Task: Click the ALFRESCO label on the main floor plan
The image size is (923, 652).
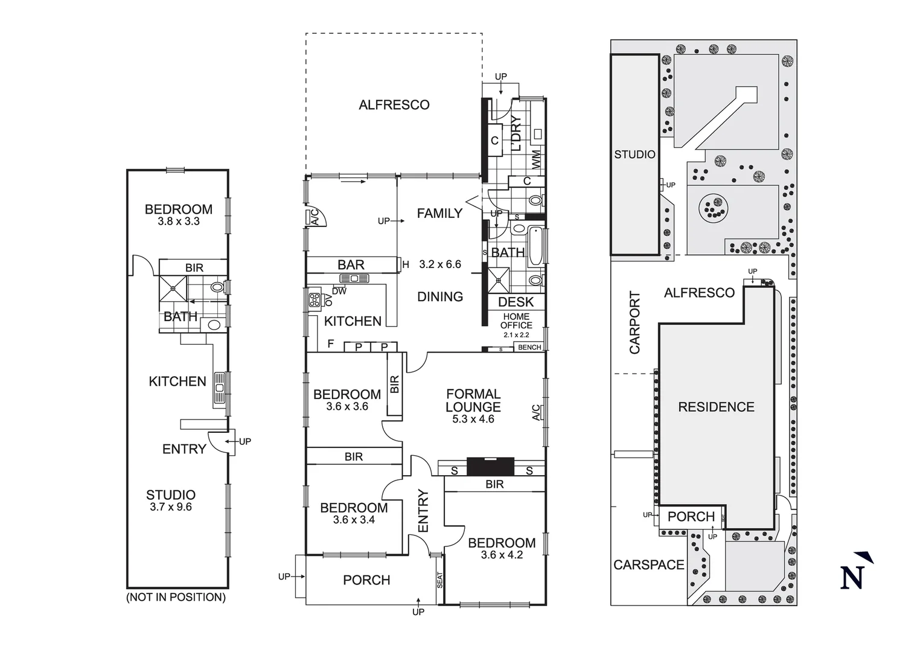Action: tap(394, 105)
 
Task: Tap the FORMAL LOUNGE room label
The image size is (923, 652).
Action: tap(473, 400)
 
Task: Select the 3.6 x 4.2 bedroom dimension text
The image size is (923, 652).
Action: tap(502, 555)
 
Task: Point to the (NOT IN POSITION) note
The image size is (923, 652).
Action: tap(176, 597)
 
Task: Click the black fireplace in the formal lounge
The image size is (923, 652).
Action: tap(490, 467)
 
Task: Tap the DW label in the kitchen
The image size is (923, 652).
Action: tap(339, 291)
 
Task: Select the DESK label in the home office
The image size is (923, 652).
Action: tap(516, 302)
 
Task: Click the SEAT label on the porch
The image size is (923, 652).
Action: tap(439, 580)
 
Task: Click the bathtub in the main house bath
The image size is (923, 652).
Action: tap(535, 246)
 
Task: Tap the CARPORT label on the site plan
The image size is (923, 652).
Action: tap(634, 322)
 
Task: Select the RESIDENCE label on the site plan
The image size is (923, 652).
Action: tap(716, 407)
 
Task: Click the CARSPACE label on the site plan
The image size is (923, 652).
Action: tap(648, 565)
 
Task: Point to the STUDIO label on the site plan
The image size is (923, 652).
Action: tap(634, 155)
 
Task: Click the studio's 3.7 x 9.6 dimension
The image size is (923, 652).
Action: tap(171, 507)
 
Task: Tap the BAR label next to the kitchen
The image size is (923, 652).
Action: tap(351, 265)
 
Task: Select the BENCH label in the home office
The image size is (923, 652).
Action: tap(529, 347)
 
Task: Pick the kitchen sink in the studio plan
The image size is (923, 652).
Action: tap(219, 389)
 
